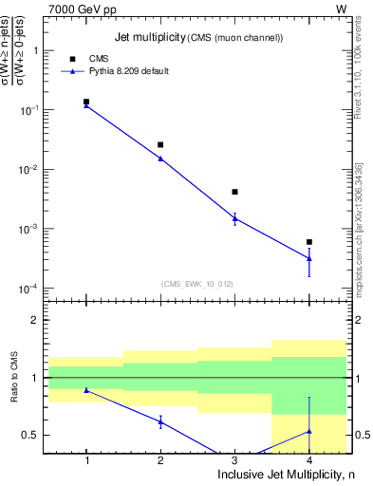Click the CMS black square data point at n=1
(86, 102)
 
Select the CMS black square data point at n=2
(160, 144)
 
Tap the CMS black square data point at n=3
(234, 192)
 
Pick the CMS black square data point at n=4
(308, 242)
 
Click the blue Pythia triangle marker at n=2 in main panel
(160, 159)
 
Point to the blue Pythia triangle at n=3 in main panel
(234, 218)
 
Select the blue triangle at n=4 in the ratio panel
(308, 431)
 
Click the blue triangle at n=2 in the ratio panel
(160, 421)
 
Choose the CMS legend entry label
(99, 58)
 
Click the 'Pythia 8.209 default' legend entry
(129, 71)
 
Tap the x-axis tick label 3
(234, 460)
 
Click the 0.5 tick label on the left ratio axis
(30, 435)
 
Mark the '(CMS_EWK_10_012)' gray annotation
(197, 283)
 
